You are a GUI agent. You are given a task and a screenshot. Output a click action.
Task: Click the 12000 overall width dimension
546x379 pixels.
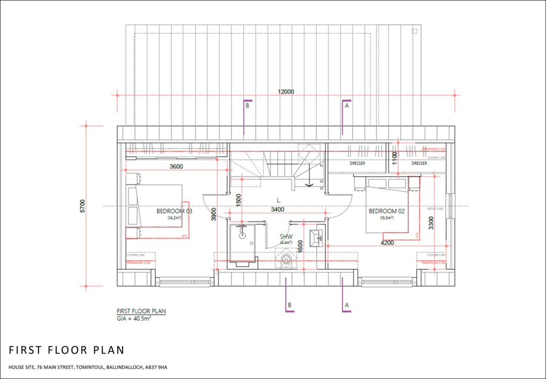point(286,92)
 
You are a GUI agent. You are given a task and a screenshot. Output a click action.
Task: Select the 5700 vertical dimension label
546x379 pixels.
point(82,206)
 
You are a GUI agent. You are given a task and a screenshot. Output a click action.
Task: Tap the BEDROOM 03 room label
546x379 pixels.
point(174,211)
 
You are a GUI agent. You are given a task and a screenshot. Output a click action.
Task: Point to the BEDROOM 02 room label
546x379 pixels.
point(387,212)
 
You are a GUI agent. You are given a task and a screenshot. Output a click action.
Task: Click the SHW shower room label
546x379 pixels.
point(286,237)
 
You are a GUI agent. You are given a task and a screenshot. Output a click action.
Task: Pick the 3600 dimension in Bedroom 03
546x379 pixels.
point(176,166)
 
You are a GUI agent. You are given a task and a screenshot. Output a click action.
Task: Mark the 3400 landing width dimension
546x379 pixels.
point(277,210)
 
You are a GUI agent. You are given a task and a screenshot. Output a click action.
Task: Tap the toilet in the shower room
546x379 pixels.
point(287,260)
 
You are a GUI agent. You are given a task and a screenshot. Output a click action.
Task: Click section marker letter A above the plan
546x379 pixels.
point(347,106)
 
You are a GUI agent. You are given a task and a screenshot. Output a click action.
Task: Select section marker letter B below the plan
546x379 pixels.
point(290,305)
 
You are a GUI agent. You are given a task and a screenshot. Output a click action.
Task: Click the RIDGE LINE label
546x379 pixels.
point(436,209)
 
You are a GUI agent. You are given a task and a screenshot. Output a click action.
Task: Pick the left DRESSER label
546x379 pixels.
point(357,163)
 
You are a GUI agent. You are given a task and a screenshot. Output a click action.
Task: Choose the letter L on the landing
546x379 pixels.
point(278,200)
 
